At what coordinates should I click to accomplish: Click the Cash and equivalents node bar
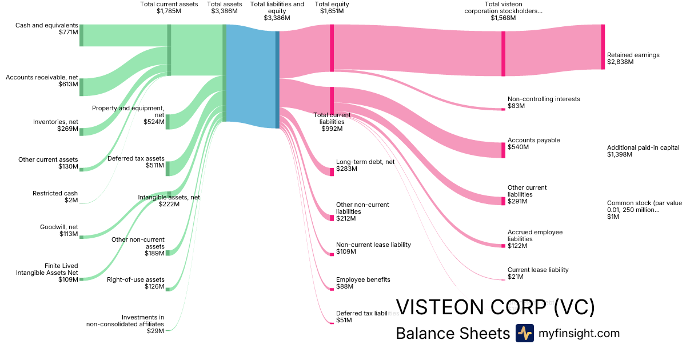pos(81,35)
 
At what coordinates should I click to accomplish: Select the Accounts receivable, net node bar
pos(81,87)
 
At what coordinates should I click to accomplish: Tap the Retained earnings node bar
pos(603,47)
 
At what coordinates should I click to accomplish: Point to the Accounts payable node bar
pos(503,150)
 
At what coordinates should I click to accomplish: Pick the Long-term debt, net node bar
pos(332,172)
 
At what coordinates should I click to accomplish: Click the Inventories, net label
pos(55,122)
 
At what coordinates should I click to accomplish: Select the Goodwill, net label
pos(59,227)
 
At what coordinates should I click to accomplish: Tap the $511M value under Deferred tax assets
pos(154,165)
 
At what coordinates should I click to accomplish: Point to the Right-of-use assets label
pos(135,279)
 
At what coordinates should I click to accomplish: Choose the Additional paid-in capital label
pos(643,147)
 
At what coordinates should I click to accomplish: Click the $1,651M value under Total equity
pos(332,11)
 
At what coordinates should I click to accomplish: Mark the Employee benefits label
pos(363,279)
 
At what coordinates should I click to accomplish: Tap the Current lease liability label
pos(538,270)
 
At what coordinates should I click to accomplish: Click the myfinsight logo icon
pos(524,333)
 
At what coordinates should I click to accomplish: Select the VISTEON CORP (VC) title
pos(495,307)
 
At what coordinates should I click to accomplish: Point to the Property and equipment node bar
pos(167,122)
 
